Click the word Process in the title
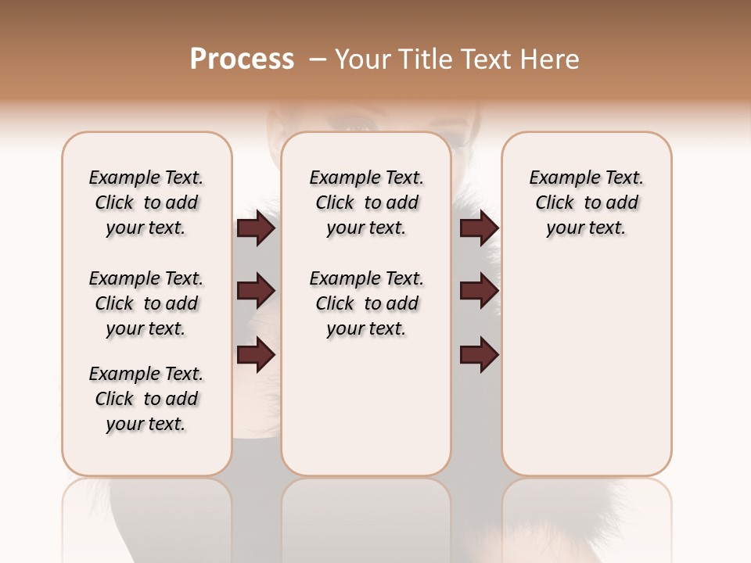242,59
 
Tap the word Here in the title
549,59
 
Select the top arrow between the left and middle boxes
256,228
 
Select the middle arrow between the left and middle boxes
256,291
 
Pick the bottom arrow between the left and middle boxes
256,354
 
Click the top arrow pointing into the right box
479,228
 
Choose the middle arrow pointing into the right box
479,291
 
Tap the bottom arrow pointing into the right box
479,354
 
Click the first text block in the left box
146,203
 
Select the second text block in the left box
146,303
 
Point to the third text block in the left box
146,399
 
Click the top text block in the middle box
366,203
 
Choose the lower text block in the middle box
366,303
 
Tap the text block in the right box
586,203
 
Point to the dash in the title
317,59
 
